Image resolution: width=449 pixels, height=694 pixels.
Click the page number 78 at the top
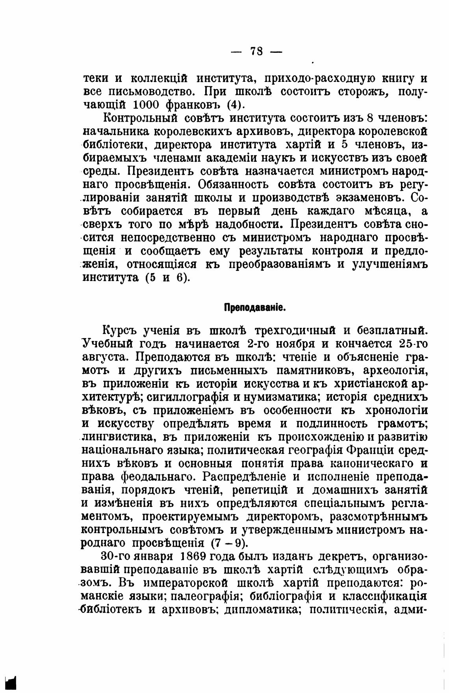pos(256,51)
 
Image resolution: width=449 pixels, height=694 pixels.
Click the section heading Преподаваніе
pos(255,307)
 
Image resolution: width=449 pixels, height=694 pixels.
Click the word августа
pos(105,357)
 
